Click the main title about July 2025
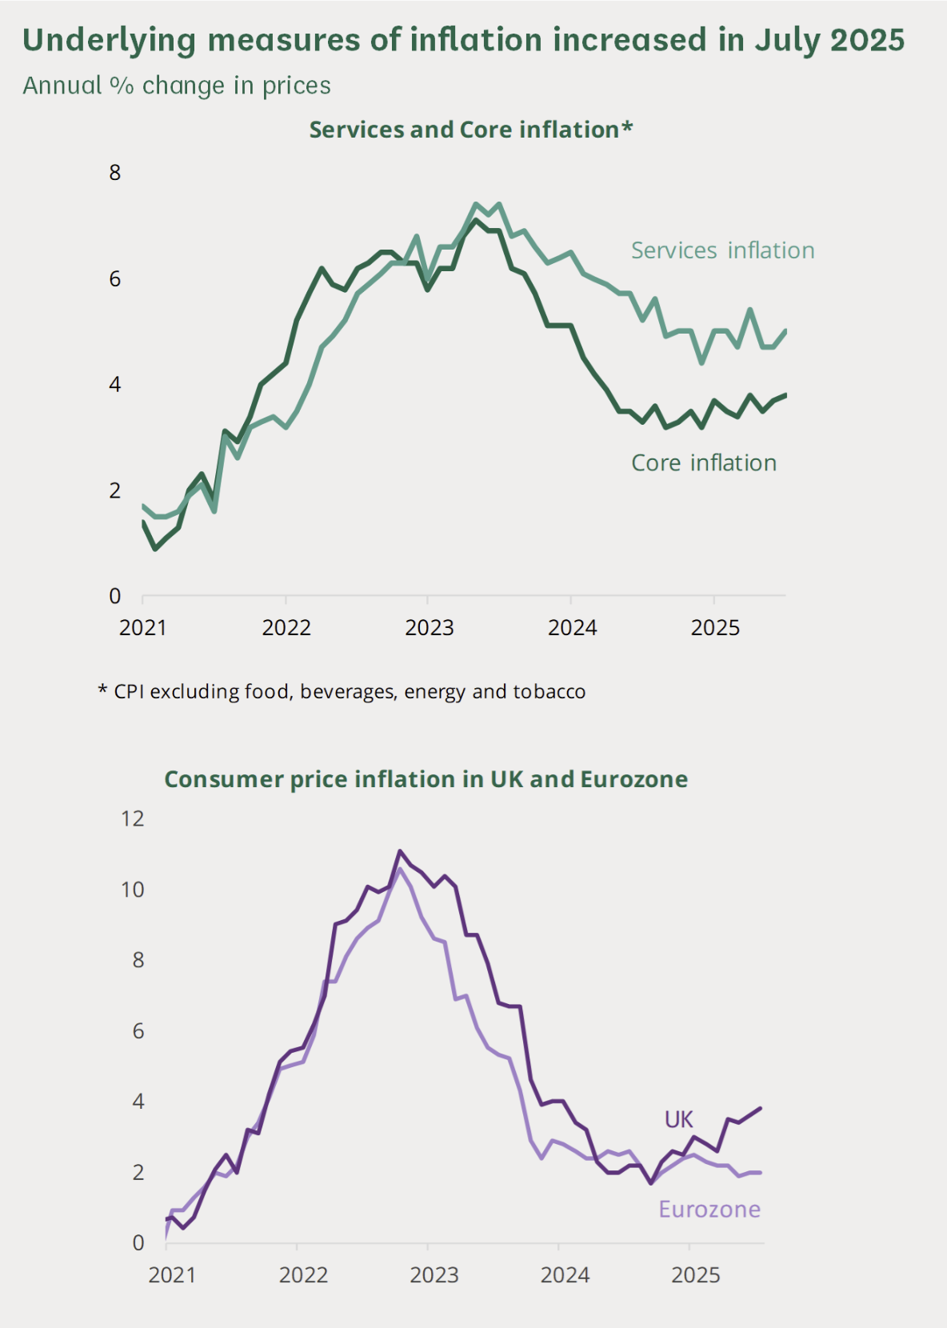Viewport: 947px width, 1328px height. (x=463, y=40)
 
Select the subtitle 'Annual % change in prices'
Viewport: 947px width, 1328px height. (x=177, y=86)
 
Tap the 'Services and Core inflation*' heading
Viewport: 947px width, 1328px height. (x=471, y=130)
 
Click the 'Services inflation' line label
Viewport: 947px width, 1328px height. (x=722, y=250)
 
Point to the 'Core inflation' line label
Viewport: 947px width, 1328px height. (x=704, y=463)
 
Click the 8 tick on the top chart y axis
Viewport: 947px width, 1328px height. (x=115, y=172)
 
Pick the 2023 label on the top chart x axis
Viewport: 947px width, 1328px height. (x=429, y=628)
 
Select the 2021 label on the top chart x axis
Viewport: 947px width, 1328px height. (x=142, y=628)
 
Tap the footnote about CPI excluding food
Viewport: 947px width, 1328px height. (x=342, y=692)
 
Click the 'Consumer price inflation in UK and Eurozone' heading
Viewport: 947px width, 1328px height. (x=426, y=779)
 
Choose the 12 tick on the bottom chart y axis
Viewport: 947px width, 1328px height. (x=133, y=818)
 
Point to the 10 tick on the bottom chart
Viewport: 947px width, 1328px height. (x=133, y=890)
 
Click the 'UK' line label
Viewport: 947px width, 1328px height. (x=678, y=1119)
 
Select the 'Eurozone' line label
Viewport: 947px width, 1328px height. (x=709, y=1209)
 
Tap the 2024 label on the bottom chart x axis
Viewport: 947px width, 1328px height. (x=565, y=1275)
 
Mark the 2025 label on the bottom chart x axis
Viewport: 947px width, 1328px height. (x=696, y=1275)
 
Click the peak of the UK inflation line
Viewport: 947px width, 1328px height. (x=400, y=851)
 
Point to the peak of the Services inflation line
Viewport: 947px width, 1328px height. (x=475, y=204)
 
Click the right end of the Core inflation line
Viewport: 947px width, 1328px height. (x=785, y=394)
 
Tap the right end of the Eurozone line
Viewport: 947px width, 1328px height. (x=760, y=1173)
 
